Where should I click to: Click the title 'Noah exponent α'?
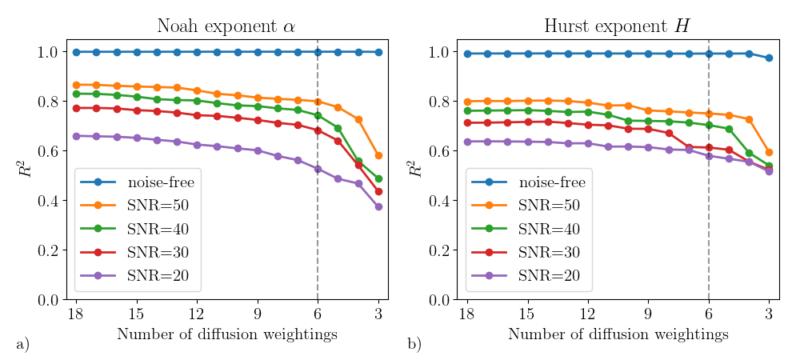(x=226, y=26)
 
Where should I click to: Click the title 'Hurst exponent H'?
(x=617, y=26)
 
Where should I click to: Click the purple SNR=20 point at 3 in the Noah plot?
(x=378, y=206)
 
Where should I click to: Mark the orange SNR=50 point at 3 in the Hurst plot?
(x=769, y=152)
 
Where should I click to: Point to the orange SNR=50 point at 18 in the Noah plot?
(x=76, y=85)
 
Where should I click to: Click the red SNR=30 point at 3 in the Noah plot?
(x=378, y=191)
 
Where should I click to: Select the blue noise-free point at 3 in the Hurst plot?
(x=769, y=58)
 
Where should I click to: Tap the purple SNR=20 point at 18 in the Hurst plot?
(x=466, y=142)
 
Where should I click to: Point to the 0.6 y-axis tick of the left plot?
(x=48, y=151)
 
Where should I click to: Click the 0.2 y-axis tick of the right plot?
(x=438, y=250)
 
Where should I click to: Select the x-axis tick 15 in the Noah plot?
(x=136, y=313)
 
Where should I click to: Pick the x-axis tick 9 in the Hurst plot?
(x=648, y=313)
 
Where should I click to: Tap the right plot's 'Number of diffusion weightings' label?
(x=618, y=334)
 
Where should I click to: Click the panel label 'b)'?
(x=414, y=345)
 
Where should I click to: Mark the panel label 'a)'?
(x=22, y=345)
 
